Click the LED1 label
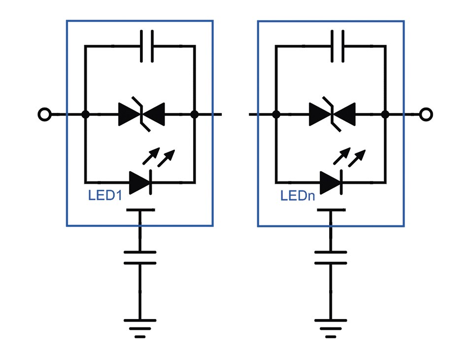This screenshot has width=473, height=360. [104, 195]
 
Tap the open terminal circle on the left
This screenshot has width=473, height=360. [44, 114]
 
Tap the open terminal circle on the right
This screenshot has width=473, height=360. [426, 114]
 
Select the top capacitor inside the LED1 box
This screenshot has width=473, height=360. [146, 46]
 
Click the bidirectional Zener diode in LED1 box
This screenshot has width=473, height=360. [141, 115]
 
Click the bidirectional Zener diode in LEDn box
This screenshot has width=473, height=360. [332, 115]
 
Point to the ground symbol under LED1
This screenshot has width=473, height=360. [140, 328]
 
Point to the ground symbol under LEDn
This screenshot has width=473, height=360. [331, 328]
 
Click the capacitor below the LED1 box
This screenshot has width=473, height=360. [140, 257]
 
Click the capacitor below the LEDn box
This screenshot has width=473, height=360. [331, 257]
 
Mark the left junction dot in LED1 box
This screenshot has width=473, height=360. [85, 115]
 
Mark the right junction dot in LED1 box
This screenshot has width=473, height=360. [195, 115]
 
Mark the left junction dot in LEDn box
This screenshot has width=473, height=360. [276, 115]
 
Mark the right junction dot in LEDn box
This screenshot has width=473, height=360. [386, 115]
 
